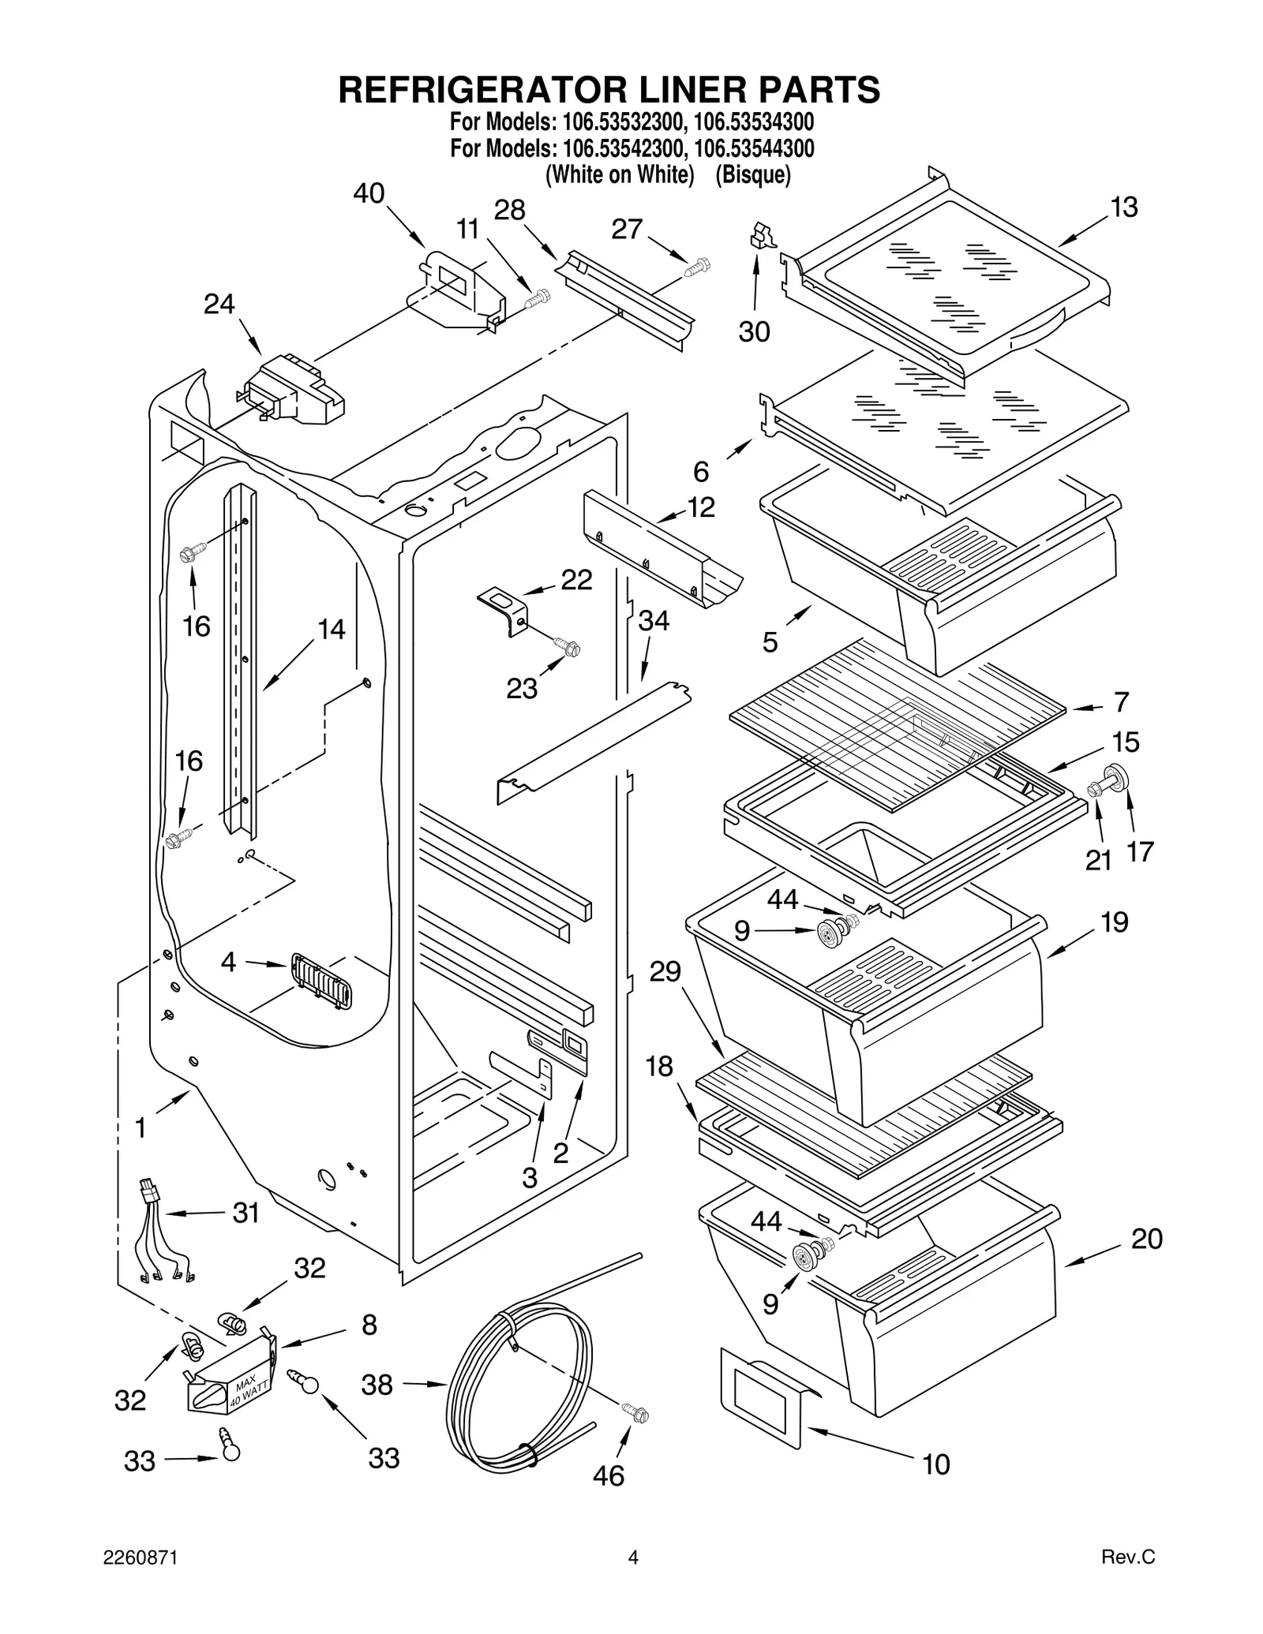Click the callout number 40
369,193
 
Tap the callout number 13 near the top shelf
1124,208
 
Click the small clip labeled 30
759,236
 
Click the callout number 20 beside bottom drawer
1146,1240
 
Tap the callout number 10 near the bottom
936,1464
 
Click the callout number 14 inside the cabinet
332,629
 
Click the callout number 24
219,304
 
